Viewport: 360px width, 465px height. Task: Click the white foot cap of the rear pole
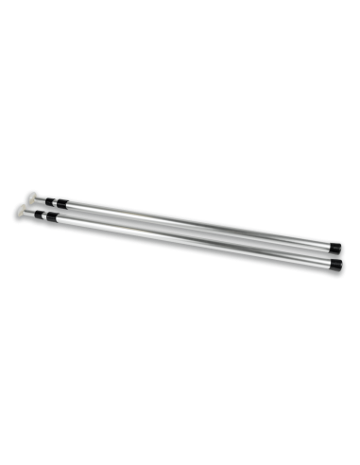tap(32, 198)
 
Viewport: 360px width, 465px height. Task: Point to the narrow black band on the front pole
tap(38, 214)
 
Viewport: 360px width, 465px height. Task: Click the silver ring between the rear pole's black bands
tap(55, 203)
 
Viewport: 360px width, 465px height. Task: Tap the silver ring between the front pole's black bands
tap(43, 215)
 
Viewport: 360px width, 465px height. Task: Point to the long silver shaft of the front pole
tap(189, 240)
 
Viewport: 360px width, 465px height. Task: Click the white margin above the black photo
tap(180, 24)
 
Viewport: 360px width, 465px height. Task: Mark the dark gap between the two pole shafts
tap(189, 232)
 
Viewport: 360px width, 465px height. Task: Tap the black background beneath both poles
tap(180, 340)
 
